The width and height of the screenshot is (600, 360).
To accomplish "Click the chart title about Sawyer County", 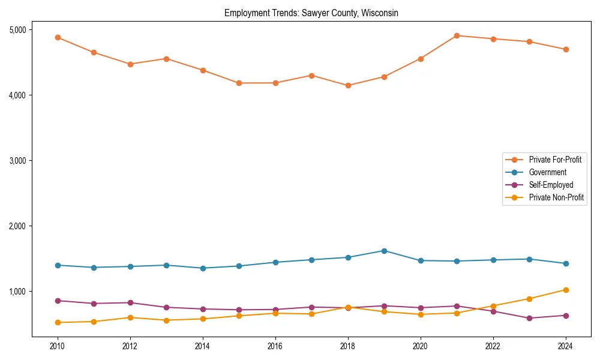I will pyautogui.click(x=311, y=13).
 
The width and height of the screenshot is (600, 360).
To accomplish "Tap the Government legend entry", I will pyautogui.click(x=547, y=172).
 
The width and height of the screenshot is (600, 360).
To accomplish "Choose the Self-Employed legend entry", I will pyautogui.click(x=551, y=185).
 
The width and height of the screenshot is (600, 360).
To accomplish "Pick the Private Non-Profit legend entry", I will pyautogui.click(x=556, y=197).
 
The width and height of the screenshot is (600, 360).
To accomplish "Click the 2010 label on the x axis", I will pyautogui.click(x=58, y=346).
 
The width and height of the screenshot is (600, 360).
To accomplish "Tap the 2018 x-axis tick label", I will pyautogui.click(x=348, y=346).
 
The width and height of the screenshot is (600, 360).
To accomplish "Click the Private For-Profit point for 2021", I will pyautogui.click(x=457, y=35).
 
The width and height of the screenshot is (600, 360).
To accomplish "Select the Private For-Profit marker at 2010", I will pyautogui.click(x=58, y=37).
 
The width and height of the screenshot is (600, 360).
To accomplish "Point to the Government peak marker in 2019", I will pyautogui.click(x=384, y=251).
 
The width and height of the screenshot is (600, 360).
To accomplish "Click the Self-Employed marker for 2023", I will pyautogui.click(x=529, y=318).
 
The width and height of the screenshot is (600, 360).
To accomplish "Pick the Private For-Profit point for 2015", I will pyautogui.click(x=239, y=83).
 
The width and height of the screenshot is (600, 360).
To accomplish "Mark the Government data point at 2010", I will pyautogui.click(x=58, y=265).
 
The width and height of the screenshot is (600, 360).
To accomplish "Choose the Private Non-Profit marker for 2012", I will pyautogui.click(x=130, y=317).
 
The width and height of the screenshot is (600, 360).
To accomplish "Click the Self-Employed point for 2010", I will pyautogui.click(x=58, y=301).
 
